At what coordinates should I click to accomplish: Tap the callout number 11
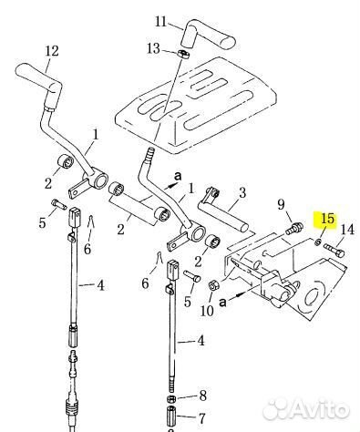[161, 22]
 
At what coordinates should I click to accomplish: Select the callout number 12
[52, 51]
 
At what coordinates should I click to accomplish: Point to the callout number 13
[153, 48]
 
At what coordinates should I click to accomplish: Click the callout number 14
[347, 230]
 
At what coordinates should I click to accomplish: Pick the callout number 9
[282, 204]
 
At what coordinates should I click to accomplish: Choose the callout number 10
[207, 311]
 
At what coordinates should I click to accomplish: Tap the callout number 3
[242, 192]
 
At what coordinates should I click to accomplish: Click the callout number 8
[202, 396]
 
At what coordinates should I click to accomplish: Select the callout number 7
[201, 418]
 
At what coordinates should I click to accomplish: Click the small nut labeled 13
[182, 54]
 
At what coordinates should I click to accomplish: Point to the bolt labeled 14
[334, 250]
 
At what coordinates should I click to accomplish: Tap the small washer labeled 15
[317, 242]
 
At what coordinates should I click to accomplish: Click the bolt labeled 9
[294, 228]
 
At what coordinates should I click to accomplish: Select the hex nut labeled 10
[212, 285]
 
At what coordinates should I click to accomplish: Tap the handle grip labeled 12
[38, 79]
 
